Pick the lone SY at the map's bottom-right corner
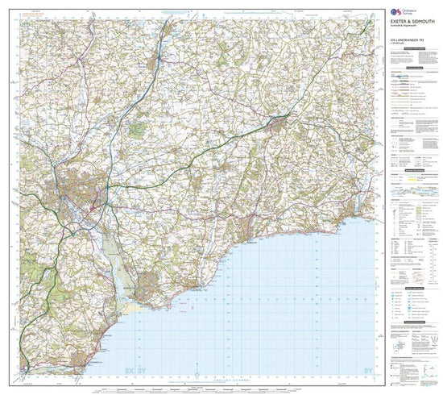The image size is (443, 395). tap(369, 348)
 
